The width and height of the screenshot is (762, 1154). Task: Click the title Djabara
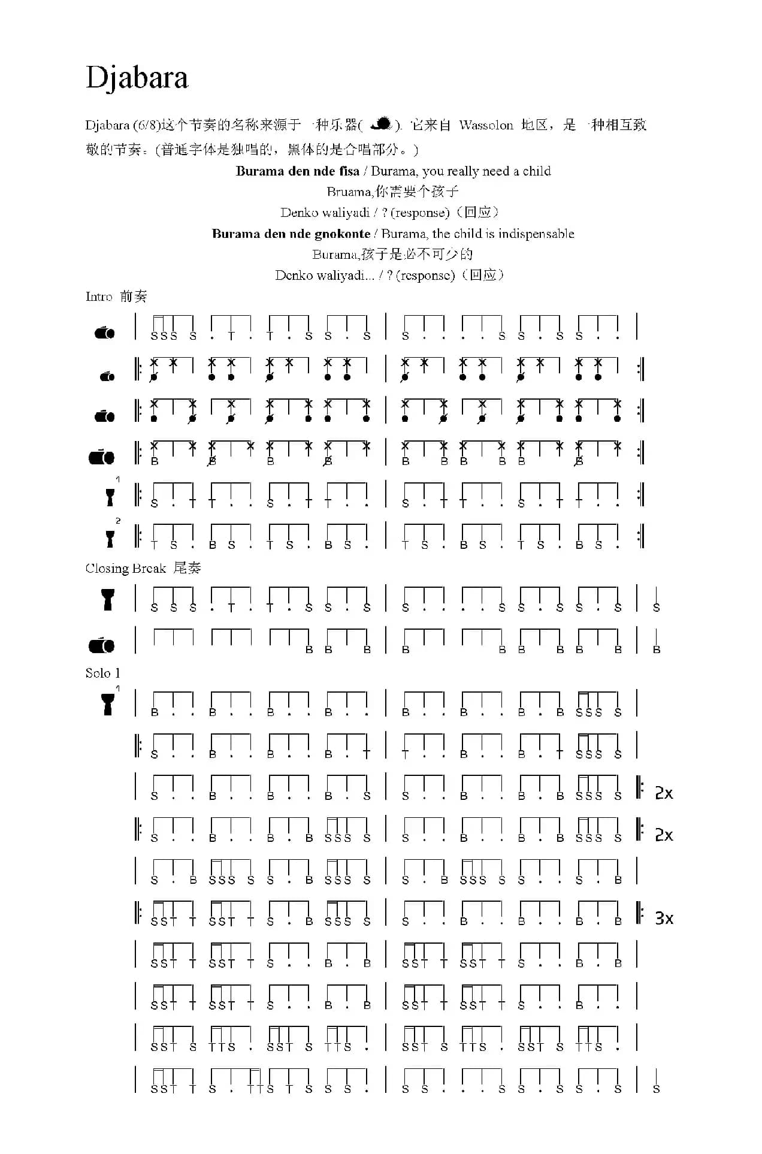[x=137, y=78]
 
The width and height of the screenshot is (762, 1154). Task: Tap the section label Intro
[x=99, y=297]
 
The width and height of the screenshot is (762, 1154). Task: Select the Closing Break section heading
[x=125, y=568]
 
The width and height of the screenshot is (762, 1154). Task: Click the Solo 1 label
[x=102, y=673]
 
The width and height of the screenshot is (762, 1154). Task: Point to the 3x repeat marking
[x=664, y=918]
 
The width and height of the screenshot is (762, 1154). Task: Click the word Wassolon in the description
[x=486, y=125]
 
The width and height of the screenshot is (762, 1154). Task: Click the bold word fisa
[x=349, y=171]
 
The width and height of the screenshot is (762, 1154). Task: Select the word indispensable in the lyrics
[x=537, y=234]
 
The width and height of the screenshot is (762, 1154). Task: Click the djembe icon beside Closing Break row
[x=108, y=599]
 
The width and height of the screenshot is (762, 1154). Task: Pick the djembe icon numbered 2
[x=110, y=539]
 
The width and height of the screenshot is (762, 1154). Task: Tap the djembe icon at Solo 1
[x=108, y=704]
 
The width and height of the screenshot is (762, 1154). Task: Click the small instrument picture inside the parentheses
[x=381, y=124]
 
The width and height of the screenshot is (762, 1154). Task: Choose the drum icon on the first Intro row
[x=104, y=333]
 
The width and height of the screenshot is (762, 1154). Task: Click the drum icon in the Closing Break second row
[x=101, y=645]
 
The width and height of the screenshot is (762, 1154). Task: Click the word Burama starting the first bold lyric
[x=260, y=171]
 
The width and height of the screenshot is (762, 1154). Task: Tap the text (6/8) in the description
[x=146, y=125]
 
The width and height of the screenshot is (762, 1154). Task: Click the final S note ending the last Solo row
[x=657, y=1089]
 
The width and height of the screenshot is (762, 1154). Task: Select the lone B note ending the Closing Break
[x=657, y=650]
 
